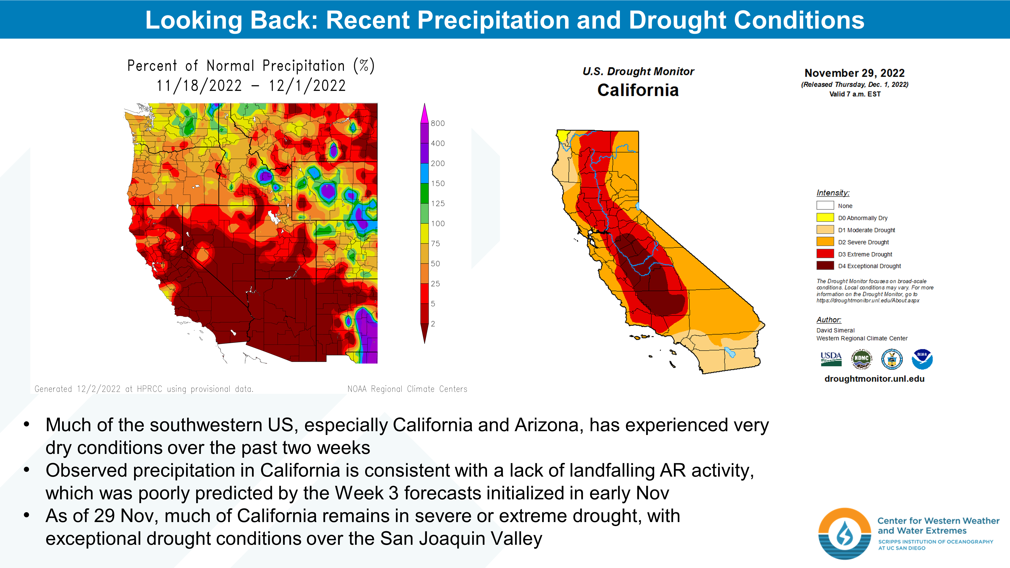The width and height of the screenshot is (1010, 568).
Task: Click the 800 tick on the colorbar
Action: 438,123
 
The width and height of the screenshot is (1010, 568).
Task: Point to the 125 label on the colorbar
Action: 438,203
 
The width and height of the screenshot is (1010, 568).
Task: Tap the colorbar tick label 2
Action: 433,324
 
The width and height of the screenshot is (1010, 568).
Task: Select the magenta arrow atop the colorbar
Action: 424,113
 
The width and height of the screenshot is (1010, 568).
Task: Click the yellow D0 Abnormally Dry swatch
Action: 825,218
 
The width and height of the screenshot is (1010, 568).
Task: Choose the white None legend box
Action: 825,205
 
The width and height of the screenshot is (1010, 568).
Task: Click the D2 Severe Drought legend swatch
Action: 825,242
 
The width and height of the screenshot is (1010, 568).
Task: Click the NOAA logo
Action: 922,359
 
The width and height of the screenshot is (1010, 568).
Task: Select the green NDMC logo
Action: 861,359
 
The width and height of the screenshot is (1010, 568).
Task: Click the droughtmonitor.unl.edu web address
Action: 874,379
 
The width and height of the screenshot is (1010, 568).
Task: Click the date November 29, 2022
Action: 854,73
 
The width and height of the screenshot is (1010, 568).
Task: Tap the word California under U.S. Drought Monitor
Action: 638,90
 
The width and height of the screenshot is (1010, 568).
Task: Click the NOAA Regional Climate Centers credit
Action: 407,389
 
